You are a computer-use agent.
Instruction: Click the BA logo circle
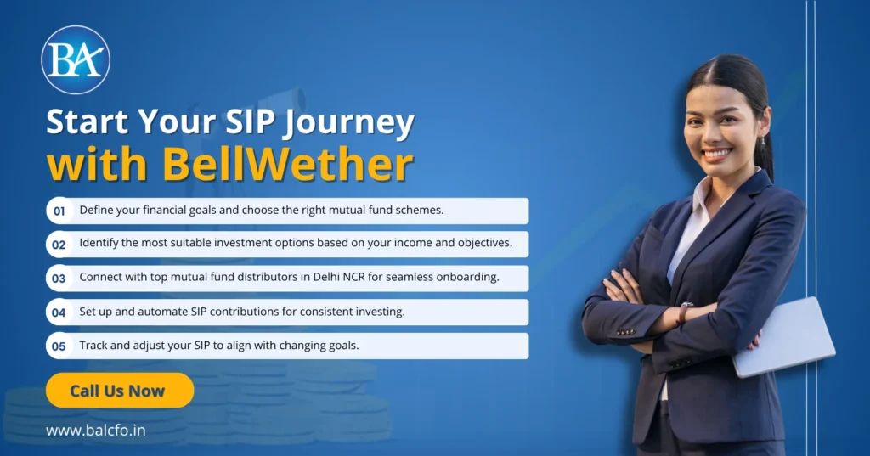(76, 60)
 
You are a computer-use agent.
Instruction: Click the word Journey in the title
(349, 122)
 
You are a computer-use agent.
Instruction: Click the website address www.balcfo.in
(95, 431)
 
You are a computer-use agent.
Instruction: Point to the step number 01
(59, 211)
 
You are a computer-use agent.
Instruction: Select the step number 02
(59, 245)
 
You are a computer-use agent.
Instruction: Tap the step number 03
(59, 279)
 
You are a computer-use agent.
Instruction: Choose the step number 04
(59, 312)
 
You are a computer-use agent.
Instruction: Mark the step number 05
(59, 346)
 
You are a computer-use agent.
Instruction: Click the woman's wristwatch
(684, 312)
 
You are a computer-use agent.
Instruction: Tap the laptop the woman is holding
(784, 337)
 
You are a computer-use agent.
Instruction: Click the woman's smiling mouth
(716, 153)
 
